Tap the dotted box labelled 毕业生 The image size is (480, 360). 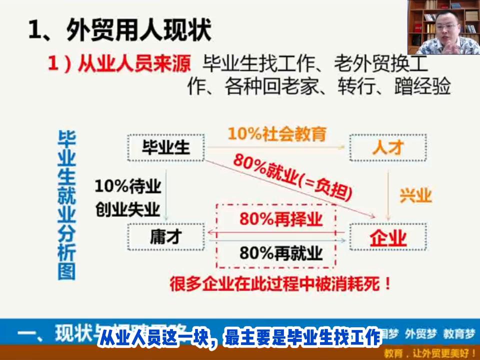point(166,147)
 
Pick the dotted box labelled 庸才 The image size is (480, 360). point(166,237)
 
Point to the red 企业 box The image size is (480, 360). point(388,237)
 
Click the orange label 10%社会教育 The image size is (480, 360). point(277,134)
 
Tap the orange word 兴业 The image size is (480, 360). point(415,195)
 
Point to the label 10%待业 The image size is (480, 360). point(127,187)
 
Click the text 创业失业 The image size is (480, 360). point(127,209)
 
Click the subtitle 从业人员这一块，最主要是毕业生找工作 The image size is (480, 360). point(240,338)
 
